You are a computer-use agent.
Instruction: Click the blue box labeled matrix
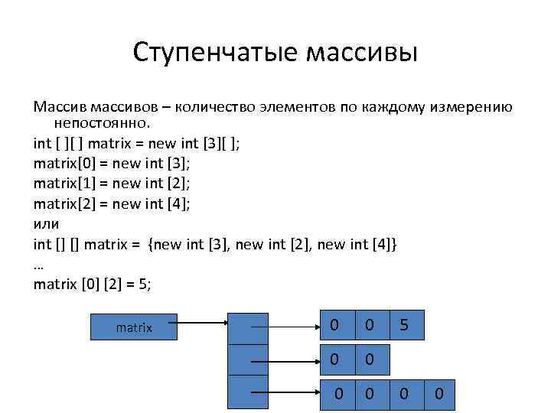(x=134, y=327)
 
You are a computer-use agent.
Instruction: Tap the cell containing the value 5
(x=404, y=327)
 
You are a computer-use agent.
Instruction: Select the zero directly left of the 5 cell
(x=369, y=327)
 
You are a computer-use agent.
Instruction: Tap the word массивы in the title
(x=362, y=54)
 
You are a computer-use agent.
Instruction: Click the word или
(x=46, y=223)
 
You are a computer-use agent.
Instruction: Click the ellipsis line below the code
(x=39, y=265)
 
